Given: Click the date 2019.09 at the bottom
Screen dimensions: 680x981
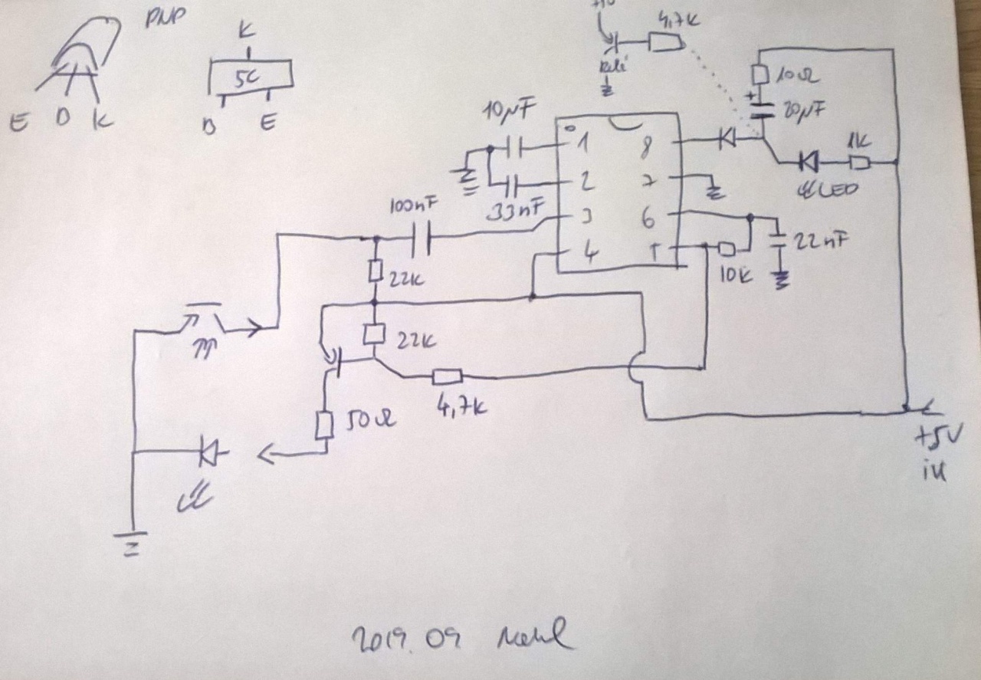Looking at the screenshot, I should point(404,638).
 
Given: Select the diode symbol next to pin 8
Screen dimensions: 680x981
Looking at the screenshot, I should point(725,139).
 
